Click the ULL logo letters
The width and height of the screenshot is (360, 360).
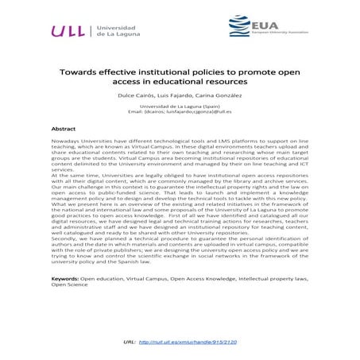tap(69, 31)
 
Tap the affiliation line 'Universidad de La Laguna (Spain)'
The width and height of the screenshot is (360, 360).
tap(180, 106)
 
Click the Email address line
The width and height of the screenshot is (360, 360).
tap(180, 112)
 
